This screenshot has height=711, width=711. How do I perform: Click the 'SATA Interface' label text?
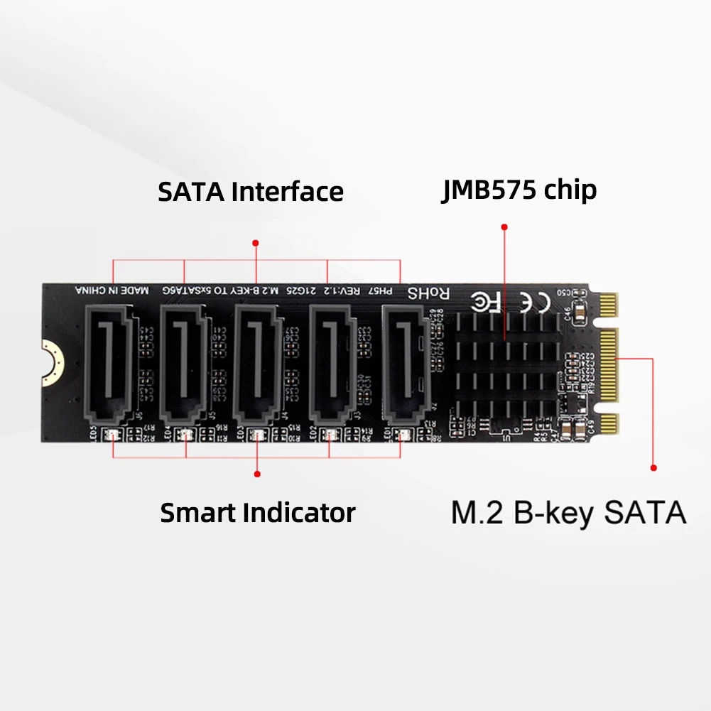[x=250, y=192]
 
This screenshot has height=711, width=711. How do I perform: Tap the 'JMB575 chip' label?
[x=519, y=190]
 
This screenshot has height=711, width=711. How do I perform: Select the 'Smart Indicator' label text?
[x=257, y=512]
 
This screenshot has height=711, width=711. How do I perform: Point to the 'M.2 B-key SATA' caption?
[x=568, y=513]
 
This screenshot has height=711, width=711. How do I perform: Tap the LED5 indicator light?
[x=111, y=435]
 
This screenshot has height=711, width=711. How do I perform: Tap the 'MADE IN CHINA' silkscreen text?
[x=112, y=290]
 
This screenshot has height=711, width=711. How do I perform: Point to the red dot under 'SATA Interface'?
[x=256, y=243]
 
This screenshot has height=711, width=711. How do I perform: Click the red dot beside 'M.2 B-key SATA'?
[x=653, y=467]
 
